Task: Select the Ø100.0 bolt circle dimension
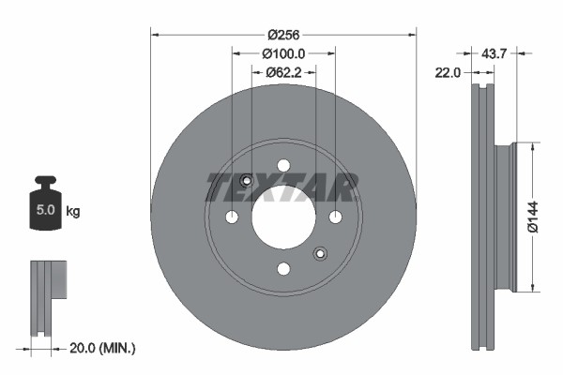pos(282,53)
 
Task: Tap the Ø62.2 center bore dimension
pos(282,71)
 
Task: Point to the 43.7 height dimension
pos(494,54)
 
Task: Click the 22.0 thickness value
pos(449,73)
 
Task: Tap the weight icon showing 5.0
pos(46,205)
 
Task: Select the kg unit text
pos(72,212)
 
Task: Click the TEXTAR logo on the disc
pos(282,187)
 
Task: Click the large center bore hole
pos(282,217)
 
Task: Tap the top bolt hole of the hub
pos(283,166)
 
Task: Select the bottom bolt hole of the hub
pos(283,269)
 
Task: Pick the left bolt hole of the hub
pos(232,217)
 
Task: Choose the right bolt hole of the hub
pos(335,217)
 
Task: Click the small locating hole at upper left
pos(246,182)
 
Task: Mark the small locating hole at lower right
pos(320,252)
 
